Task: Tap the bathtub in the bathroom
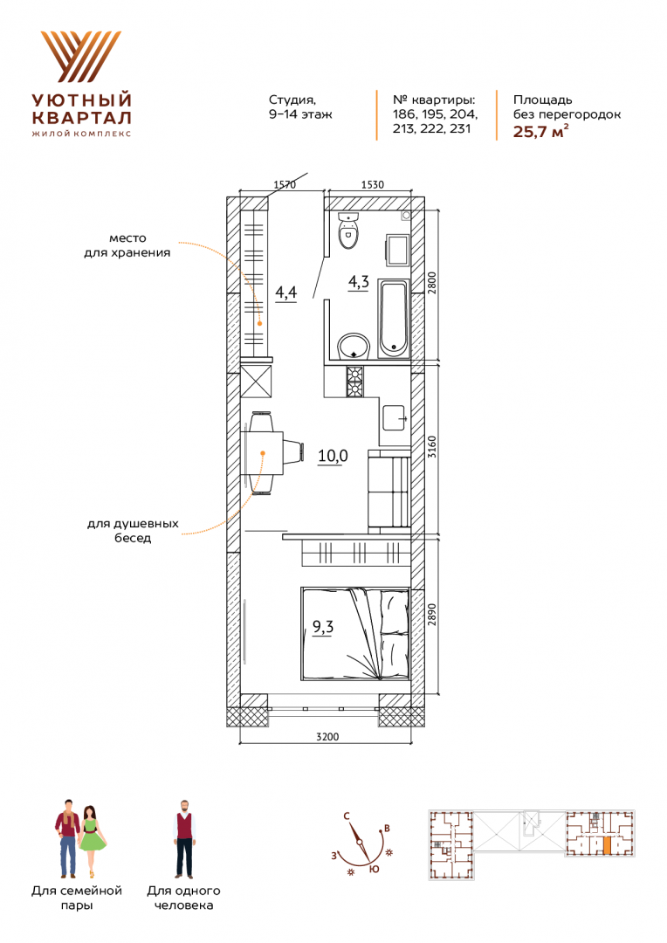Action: point(394,319)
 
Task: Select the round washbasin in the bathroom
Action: point(354,347)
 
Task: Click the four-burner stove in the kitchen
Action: point(354,382)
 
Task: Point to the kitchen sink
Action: point(395,416)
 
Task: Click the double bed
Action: point(355,635)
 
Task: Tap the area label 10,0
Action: point(333,456)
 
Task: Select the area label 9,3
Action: point(323,627)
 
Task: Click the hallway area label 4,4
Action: point(285,293)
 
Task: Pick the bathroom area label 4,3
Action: point(359,281)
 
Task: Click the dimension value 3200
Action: point(327,737)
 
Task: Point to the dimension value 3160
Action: point(432,447)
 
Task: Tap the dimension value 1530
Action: point(372,184)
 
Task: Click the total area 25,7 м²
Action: point(540,131)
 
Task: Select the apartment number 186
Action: point(403,114)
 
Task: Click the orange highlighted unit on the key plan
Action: point(607,846)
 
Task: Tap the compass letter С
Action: point(347,816)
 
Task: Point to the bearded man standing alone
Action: point(184,839)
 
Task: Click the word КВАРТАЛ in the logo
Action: point(81,117)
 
